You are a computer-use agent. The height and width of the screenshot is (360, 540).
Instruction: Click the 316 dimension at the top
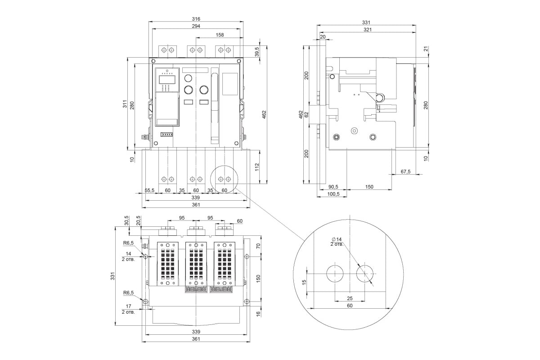click(x=196, y=19)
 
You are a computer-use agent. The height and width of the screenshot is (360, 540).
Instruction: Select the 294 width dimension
click(x=196, y=26)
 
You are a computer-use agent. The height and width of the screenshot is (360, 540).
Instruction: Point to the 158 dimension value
click(x=220, y=35)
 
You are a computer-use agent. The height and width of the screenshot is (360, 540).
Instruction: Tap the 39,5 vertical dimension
click(x=257, y=52)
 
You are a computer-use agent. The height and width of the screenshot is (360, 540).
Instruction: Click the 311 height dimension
click(x=125, y=103)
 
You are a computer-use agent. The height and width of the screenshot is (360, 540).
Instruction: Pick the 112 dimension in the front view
click(x=257, y=167)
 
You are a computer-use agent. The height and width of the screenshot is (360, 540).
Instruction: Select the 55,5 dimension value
click(x=149, y=190)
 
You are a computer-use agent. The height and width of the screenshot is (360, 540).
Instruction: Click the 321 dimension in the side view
click(x=367, y=30)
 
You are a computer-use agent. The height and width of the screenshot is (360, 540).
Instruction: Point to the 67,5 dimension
click(x=405, y=172)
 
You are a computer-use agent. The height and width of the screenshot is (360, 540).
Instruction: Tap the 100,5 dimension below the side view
click(x=333, y=194)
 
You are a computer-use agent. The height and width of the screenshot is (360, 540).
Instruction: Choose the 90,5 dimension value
click(x=333, y=187)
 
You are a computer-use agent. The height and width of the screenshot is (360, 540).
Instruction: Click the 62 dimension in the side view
click(x=306, y=115)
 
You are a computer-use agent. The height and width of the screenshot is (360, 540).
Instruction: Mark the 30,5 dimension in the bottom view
click(x=127, y=220)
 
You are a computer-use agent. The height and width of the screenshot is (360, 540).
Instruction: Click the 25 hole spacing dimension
click(x=350, y=298)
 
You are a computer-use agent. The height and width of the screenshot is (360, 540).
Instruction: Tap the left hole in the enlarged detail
click(x=335, y=274)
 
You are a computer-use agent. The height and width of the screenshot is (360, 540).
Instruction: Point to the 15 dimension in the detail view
click(x=304, y=282)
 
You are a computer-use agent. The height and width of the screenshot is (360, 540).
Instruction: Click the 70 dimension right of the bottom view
click(x=258, y=246)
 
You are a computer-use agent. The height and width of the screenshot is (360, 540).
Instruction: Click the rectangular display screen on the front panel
click(x=167, y=79)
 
